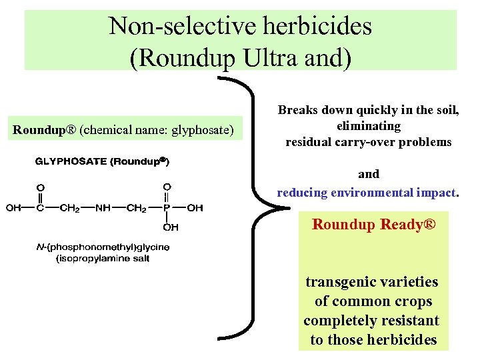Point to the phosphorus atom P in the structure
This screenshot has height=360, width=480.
[x=167, y=208]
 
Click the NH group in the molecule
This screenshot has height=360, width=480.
[x=103, y=208]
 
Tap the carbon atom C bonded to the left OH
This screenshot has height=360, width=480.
[x=40, y=208]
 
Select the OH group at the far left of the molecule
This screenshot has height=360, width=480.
[x=13, y=208]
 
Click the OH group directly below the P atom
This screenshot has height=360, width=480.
[x=170, y=227]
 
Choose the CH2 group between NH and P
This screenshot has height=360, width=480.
[x=135, y=208]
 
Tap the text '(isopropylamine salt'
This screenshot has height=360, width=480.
[x=102, y=258]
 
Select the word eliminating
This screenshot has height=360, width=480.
[x=369, y=126]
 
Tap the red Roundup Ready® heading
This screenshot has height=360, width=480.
[x=373, y=225]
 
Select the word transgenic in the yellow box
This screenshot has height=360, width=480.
[x=338, y=281]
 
